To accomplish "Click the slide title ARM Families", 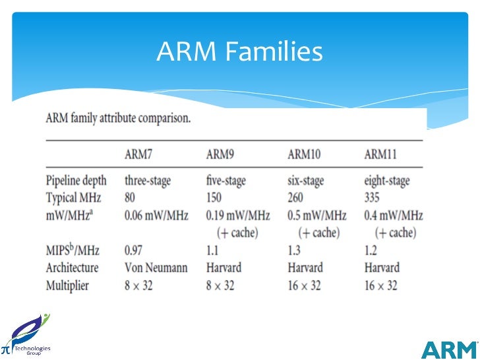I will click(x=239, y=51).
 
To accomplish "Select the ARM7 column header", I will click(x=141, y=154).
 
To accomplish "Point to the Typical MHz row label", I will click(x=75, y=197).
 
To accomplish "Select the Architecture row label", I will click(x=72, y=268).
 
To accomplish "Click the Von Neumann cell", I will click(x=155, y=268).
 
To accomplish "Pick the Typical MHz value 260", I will click(x=298, y=197).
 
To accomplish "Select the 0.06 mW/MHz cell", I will click(x=156, y=215).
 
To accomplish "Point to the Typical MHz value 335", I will click(x=375, y=197).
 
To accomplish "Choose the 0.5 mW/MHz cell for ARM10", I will click(x=316, y=215).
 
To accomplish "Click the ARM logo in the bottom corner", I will click(x=449, y=349).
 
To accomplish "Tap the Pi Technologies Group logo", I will click(x=26, y=336).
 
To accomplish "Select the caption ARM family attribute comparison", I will click(x=118, y=120).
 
